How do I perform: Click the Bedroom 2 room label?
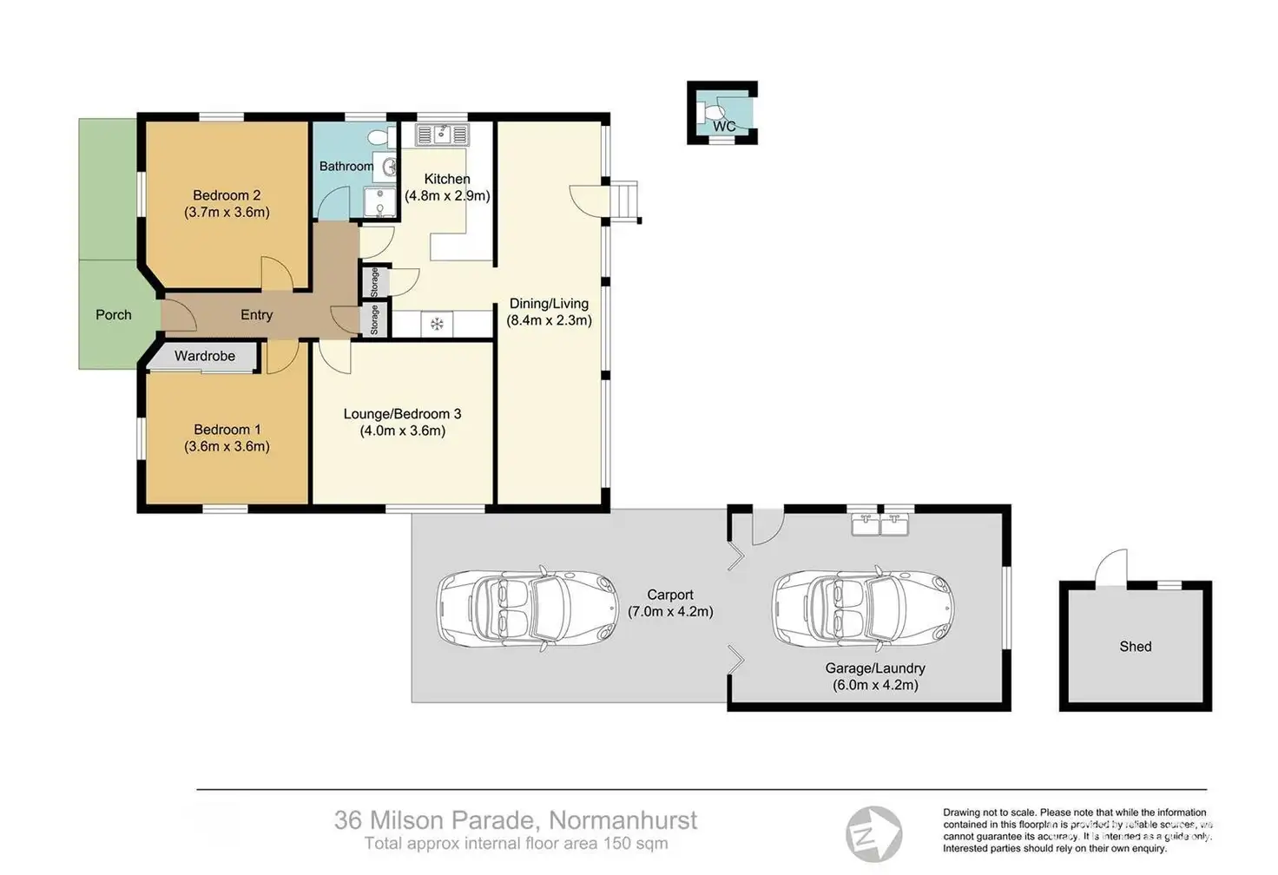click(227, 195)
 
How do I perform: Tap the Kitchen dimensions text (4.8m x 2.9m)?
click(447, 196)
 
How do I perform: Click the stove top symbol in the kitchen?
click(437, 325)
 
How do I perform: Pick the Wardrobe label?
click(205, 356)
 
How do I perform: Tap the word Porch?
click(114, 315)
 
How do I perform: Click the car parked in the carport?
click(528, 607)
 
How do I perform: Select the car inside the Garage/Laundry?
click(863, 607)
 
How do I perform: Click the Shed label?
click(1136, 647)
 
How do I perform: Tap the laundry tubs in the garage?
click(879, 524)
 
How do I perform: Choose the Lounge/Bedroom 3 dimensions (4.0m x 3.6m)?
click(403, 431)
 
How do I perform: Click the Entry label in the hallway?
click(256, 315)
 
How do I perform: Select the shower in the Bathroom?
click(379, 202)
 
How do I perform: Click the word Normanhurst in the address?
click(623, 820)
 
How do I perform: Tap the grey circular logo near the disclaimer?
click(873, 834)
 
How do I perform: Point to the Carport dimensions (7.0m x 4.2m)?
click(670, 611)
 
